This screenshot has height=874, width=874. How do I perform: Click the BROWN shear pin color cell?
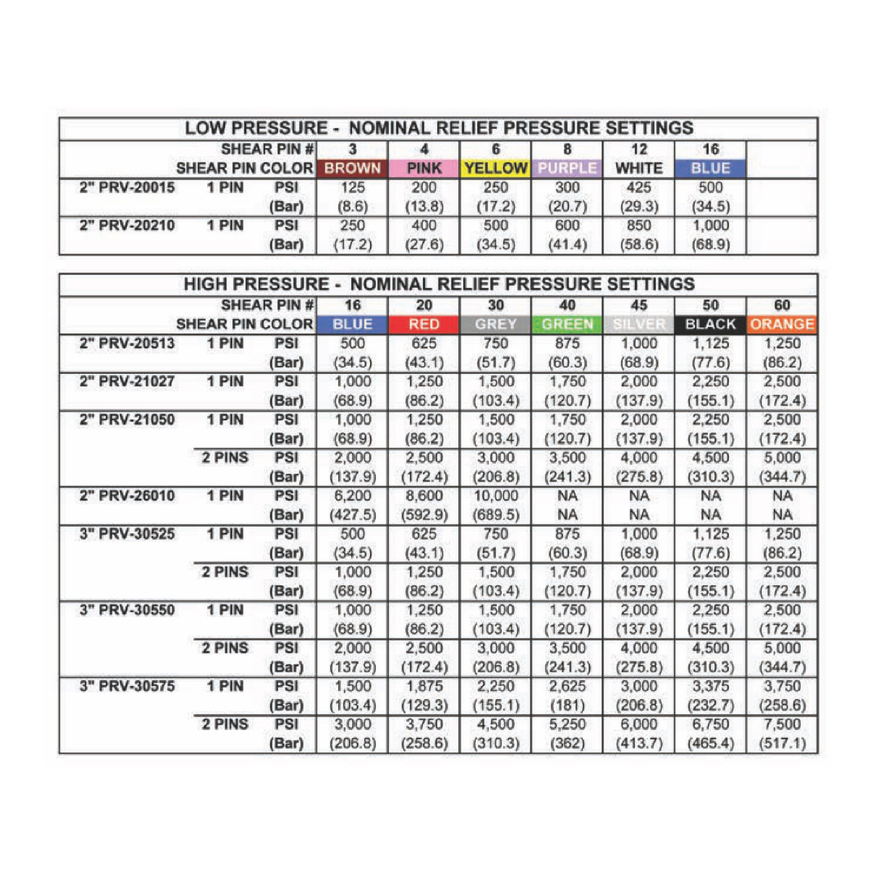click(x=352, y=168)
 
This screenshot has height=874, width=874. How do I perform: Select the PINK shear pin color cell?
click(x=424, y=168)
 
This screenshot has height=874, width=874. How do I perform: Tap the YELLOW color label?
click(x=496, y=168)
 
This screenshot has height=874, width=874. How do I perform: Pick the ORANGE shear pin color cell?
click(x=782, y=324)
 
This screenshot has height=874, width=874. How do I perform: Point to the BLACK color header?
click(x=710, y=324)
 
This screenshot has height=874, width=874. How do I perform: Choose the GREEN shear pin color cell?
click(x=567, y=324)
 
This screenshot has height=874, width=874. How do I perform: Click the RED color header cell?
click(x=424, y=324)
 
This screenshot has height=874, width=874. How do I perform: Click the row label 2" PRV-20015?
click(x=127, y=187)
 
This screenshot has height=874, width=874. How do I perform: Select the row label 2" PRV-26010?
click(x=127, y=496)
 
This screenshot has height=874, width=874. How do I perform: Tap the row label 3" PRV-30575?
click(x=127, y=686)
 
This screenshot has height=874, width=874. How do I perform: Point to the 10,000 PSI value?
click(x=496, y=496)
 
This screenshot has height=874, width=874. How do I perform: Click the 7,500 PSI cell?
click(x=782, y=724)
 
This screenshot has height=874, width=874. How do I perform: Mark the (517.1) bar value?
click(x=782, y=744)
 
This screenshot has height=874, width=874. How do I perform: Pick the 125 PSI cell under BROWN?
click(x=352, y=187)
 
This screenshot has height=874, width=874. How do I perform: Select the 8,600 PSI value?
click(x=424, y=496)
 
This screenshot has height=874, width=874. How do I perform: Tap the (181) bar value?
click(x=567, y=705)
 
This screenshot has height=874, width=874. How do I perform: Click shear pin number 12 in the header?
click(x=639, y=149)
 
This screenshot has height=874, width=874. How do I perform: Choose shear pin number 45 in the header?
click(x=639, y=305)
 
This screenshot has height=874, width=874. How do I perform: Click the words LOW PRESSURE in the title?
click(x=256, y=129)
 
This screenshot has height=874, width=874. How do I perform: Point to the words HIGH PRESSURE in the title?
click(x=256, y=285)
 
